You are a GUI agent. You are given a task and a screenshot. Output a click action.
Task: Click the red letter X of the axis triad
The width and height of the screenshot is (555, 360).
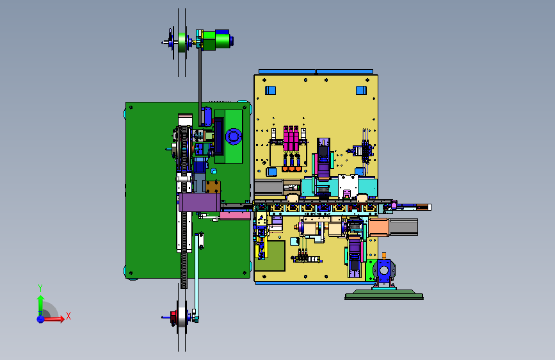[x=68, y=316]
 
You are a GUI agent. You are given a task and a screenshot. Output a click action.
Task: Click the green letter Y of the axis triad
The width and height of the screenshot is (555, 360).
[x=40, y=288]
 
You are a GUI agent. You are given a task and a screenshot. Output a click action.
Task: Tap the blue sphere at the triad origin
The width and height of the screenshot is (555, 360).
[x=41, y=319]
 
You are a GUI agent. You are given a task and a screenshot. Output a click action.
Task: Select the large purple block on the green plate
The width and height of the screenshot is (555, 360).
[x=200, y=202]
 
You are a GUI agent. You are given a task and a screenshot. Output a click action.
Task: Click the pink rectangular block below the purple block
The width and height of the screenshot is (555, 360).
[x=236, y=215]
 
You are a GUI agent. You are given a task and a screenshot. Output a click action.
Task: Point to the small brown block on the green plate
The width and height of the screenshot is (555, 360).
[x=213, y=187]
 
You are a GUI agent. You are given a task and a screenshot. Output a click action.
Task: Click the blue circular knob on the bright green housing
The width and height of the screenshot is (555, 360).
[x=234, y=137]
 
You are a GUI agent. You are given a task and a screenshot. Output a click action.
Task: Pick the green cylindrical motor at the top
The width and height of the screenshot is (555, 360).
[x=216, y=40]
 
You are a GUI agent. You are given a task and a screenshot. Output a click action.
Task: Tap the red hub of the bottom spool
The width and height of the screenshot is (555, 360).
[x=173, y=316]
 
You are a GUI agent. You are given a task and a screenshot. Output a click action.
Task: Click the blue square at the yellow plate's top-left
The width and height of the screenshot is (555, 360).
[x=270, y=90]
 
